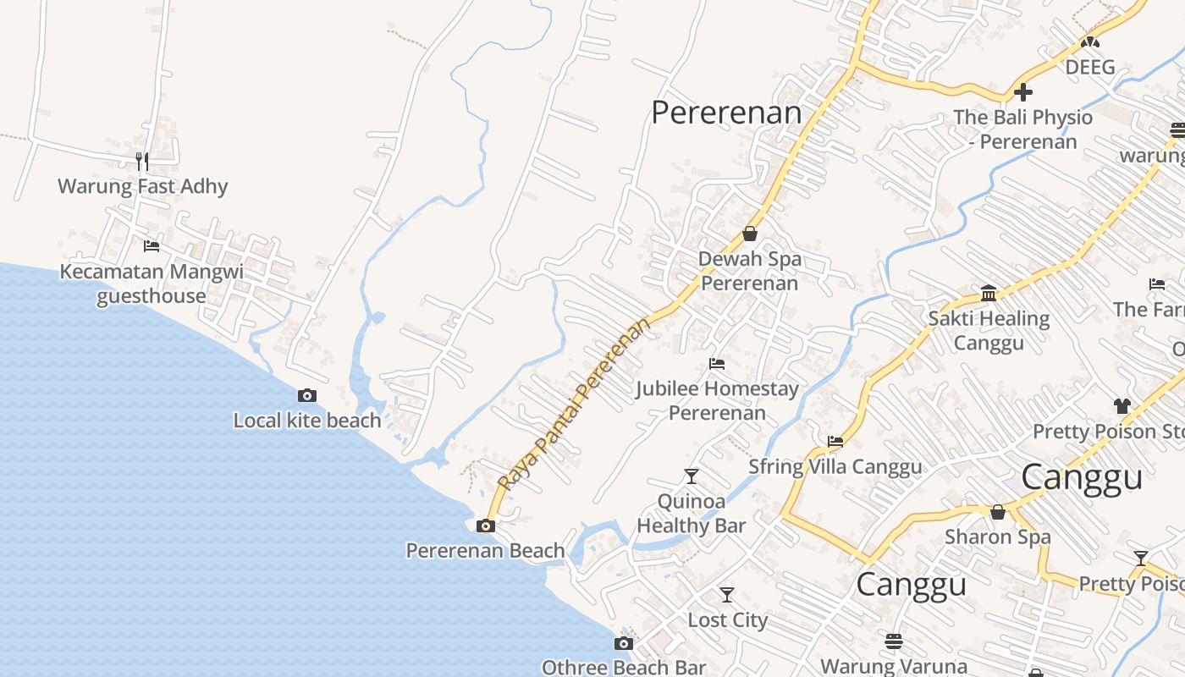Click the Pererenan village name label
[x=726, y=113]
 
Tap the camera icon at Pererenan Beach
[x=486, y=526]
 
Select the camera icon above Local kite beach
[x=307, y=395]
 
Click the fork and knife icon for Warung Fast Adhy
[x=142, y=160]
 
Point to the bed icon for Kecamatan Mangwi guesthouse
[x=152, y=246]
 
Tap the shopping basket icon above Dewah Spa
[x=750, y=234]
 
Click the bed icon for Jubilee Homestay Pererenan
[x=717, y=364]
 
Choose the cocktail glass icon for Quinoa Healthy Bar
[x=692, y=476]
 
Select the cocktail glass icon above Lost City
[x=727, y=595]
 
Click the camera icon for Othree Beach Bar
[x=624, y=643]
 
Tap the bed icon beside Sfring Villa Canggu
[x=835, y=441]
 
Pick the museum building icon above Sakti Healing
[x=989, y=294]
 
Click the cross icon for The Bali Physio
[x=1023, y=91]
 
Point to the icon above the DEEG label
[x=1090, y=41]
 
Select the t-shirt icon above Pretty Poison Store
[x=1122, y=406]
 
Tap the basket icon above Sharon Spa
[x=998, y=512]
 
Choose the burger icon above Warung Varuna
[x=894, y=641]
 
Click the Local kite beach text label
[x=307, y=420]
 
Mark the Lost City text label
[x=727, y=619]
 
